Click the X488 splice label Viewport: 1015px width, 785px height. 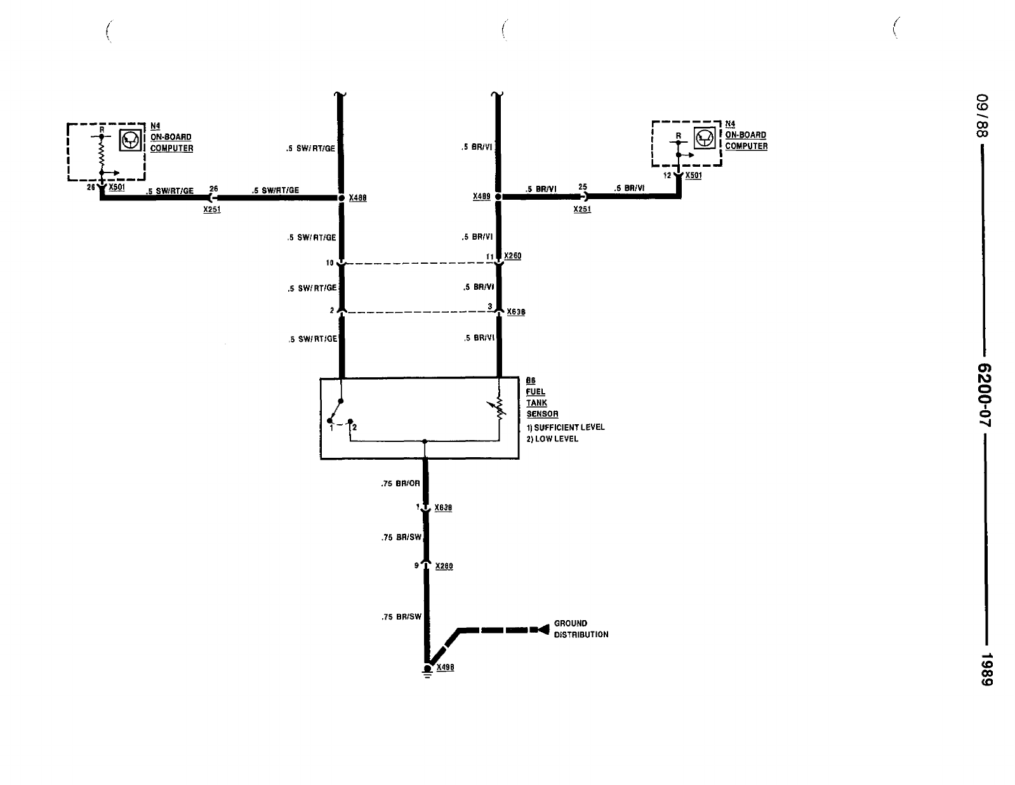click(357, 198)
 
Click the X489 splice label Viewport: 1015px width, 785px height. click(482, 197)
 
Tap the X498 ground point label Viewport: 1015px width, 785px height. click(445, 668)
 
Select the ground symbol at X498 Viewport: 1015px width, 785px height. click(427, 671)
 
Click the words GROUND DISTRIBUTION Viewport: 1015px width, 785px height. click(581, 629)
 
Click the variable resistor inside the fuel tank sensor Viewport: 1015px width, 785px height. click(499, 410)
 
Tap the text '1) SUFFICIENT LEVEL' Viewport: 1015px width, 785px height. click(565, 427)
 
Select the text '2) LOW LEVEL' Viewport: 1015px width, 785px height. click(552, 439)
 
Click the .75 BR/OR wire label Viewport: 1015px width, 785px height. click(401, 484)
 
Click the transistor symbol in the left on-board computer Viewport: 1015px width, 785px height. click(130, 139)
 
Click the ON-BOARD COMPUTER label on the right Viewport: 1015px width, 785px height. click(746, 140)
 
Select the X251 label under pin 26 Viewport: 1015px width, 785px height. click(212, 209)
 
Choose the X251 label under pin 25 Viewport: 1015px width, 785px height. click(582, 209)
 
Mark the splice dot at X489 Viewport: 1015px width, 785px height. click(498, 197)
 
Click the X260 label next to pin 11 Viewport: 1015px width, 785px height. click(513, 256)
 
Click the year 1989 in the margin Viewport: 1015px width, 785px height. click(985, 668)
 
